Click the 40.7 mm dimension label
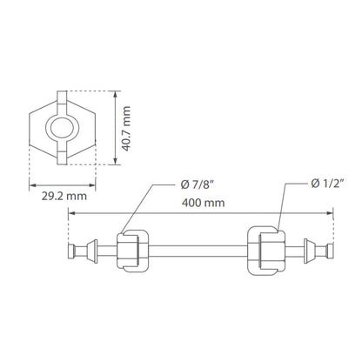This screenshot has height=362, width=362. point(126,129)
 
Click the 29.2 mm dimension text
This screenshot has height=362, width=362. point(64,197)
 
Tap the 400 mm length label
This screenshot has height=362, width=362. point(203,203)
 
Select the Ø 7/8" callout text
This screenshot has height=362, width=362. point(197,184)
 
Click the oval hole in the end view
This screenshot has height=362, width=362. point(62,128)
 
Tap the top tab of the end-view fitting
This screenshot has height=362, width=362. point(62,97)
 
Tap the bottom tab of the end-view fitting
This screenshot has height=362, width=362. point(62,158)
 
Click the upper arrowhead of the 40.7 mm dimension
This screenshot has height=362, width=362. point(116,95)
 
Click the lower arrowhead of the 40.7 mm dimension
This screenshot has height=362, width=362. point(116,161)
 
